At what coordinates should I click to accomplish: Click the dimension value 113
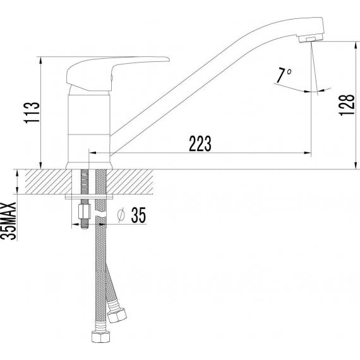point(32,112)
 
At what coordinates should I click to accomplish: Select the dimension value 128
point(347,105)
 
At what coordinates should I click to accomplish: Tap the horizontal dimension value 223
point(200,144)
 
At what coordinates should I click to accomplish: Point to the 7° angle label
point(284,75)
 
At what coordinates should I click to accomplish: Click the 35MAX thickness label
point(9,221)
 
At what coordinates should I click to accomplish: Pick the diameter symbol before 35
point(121,215)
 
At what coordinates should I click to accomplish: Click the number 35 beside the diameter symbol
point(138,215)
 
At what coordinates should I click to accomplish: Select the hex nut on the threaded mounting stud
point(85,212)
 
